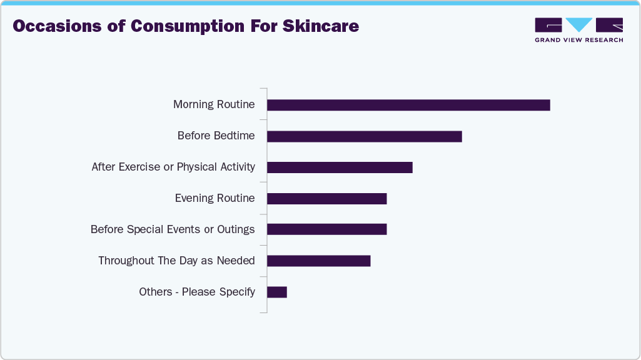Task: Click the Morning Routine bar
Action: [x=408, y=105]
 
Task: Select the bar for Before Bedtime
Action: [x=365, y=136]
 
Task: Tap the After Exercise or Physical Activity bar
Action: [x=340, y=167]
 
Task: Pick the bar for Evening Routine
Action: [x=327, y=199]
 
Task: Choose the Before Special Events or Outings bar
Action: [x=327, y=229]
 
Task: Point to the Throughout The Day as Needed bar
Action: [x=319, y=261]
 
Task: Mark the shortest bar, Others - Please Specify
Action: [x=277, y=292]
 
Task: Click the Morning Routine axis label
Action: [x=214, y=104]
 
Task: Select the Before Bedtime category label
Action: [x=216, y=136]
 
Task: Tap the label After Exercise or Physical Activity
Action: [x=173, y=167]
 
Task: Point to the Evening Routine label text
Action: [x=215, y=198]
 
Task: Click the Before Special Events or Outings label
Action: [x=173, y=229]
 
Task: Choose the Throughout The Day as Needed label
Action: [x=176, y=261]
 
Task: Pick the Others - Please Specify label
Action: [x=197, y=292]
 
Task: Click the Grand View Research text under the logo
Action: [x=578, y=40]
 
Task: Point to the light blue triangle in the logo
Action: [x=578, y=24]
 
